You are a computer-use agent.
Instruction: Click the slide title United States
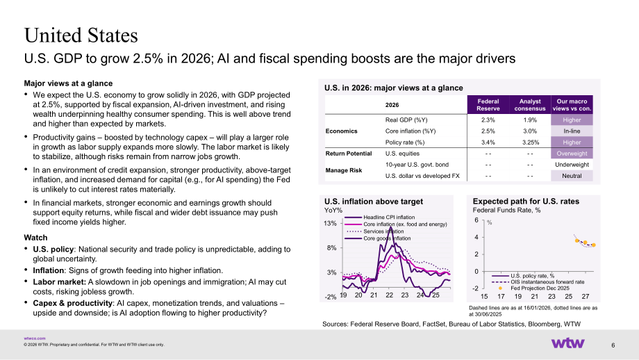81,35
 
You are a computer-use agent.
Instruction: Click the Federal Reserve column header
488,105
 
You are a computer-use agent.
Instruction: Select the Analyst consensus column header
530,105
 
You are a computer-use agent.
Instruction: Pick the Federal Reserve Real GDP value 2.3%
488,120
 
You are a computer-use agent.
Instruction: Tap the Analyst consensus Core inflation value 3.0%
530,131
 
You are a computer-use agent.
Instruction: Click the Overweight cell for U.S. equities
572,154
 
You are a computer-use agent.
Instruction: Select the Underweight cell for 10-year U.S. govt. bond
572,165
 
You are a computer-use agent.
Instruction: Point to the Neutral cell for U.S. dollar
572,176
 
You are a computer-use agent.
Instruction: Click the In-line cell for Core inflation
572,131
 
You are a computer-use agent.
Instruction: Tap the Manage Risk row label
344,170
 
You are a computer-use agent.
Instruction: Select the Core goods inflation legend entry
378,238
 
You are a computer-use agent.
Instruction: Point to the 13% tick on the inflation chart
330,223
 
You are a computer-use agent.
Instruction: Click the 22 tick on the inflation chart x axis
389,295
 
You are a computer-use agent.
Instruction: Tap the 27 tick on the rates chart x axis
586,296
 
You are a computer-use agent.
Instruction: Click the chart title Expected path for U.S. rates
526,201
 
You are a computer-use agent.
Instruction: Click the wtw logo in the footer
567,343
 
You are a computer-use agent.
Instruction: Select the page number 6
613,345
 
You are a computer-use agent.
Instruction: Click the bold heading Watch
36,238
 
